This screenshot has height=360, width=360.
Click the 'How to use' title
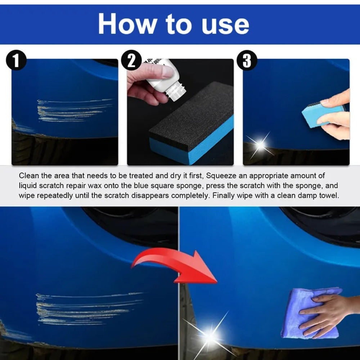point(173,24)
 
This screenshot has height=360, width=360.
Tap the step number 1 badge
point(16,60)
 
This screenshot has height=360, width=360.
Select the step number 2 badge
point(132,60)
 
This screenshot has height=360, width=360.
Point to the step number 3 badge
point(247,60)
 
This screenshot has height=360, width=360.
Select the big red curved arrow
point(176,266)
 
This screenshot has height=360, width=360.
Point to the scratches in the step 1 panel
point(72,110)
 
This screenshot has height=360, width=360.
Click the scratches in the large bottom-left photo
point(86,308)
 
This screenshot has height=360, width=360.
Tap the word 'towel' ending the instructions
point(330,196)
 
